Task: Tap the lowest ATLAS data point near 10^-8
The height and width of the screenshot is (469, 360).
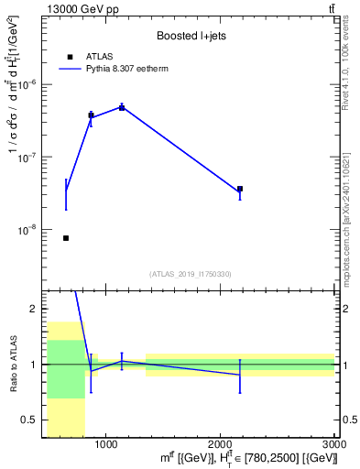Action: click(66, 238)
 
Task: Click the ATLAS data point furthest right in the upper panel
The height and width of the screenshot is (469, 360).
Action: click(240, 189)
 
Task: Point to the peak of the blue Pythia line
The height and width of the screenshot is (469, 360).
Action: click(122, 107)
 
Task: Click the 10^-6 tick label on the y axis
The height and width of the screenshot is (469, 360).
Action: click(29, 84)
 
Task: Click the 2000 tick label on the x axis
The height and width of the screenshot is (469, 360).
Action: click(220, 444)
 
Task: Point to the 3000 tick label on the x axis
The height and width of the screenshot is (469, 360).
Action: click(333, 444)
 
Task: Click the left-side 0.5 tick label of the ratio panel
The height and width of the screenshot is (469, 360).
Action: click(32, 420)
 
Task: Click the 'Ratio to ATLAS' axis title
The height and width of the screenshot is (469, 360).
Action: click(12, 364)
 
